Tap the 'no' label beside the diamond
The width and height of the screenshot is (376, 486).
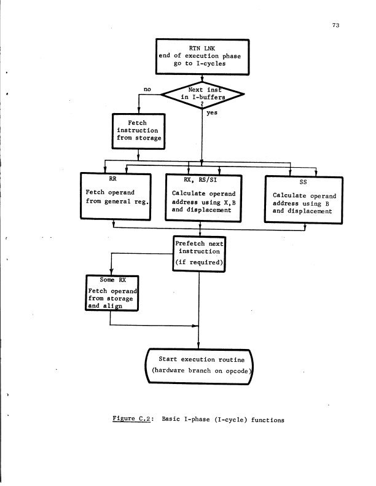147,89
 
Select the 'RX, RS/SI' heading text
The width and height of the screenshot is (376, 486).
204,178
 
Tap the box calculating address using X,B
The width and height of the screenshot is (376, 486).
205,198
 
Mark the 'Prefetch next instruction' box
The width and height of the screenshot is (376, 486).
202,253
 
